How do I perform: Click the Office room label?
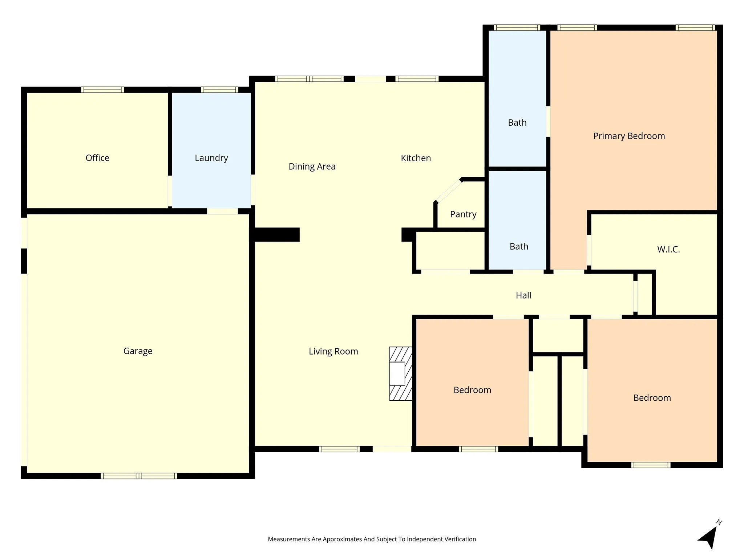point(97,158)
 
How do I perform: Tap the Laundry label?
point(211,158)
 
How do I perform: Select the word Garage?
point(138,351)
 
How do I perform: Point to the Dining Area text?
point(312,166)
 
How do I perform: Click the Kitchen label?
point(416,158)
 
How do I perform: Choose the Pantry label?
point(463,214)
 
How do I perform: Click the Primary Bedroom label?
point(629,136)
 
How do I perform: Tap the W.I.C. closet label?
point(668,249)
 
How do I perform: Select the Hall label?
point(523,295)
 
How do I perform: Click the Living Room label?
point(333,351)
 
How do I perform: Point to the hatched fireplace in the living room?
point(401,373)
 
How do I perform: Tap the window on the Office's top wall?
point(102,90)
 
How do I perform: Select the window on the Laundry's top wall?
point(220,90)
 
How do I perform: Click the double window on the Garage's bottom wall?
point(139,476)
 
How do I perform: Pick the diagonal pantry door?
point(449,191)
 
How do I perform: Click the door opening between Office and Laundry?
point(170,191)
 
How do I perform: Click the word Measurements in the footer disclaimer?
point(289,539)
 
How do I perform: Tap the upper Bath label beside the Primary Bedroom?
point(517,122)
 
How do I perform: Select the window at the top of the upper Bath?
point(517,28)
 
